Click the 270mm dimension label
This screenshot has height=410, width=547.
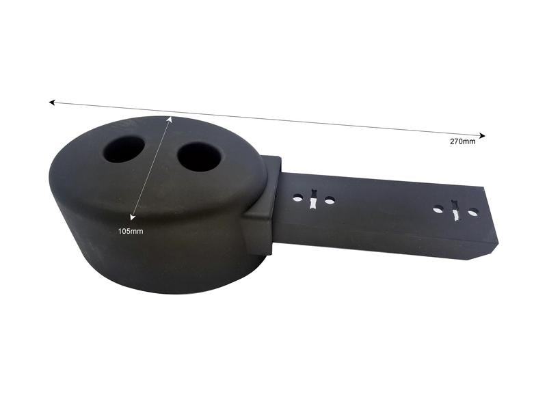(462, 141)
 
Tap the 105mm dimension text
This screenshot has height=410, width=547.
(131, 231)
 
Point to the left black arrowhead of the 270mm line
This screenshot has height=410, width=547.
(52, 102)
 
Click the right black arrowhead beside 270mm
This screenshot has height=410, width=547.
(482, 135)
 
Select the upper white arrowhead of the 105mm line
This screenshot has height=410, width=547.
(170, 119)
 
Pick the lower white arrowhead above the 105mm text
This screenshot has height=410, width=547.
(133, 217)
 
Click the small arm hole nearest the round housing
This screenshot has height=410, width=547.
(297, 199)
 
